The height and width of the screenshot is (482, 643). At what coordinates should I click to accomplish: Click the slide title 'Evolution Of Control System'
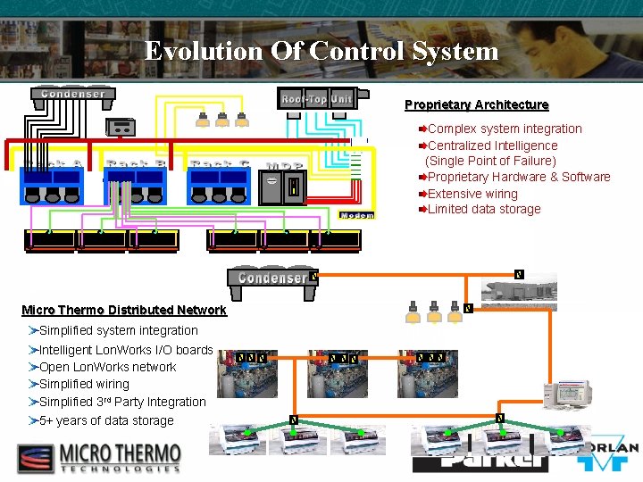point(321,51)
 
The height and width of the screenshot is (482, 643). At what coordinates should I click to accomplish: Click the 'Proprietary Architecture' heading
point(476,105)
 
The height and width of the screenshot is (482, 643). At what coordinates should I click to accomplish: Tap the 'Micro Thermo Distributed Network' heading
point(124,311)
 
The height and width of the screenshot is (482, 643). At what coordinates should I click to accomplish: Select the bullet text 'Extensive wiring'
point(472,193)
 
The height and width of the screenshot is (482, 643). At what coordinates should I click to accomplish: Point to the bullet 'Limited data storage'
point(484,209)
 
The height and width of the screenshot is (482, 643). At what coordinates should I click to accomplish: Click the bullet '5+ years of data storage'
point(106,420)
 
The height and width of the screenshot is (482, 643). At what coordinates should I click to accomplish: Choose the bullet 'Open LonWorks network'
point(108,367)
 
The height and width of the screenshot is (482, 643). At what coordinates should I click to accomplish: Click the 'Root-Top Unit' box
point(317,98)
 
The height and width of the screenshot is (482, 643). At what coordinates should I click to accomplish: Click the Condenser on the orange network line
point(272,278)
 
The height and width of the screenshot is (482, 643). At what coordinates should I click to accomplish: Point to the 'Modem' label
point(357,215)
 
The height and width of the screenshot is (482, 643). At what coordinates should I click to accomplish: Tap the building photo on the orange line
point(519,288)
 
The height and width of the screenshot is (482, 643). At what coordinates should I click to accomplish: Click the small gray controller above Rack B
point(121,127)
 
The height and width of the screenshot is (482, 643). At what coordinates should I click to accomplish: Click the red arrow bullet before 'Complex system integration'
point(422,129)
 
